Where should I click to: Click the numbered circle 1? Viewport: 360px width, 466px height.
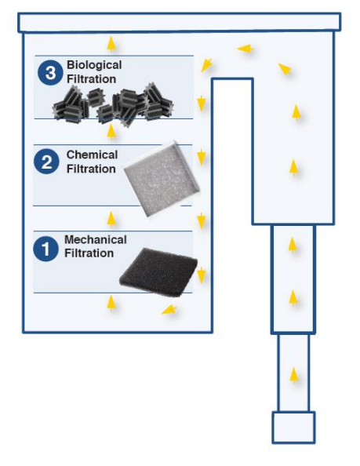45,249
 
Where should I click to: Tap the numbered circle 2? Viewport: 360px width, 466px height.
46,162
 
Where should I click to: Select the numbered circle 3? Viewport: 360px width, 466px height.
50,72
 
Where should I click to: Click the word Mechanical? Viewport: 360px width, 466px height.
96,239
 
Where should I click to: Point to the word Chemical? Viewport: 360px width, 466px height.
92,155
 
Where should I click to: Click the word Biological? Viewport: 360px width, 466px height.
94,65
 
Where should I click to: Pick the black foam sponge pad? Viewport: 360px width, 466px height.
158,272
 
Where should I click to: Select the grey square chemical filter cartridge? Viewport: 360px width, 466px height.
162,178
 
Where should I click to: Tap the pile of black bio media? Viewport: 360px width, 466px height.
113,104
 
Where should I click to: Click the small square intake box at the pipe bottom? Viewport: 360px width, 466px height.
293,428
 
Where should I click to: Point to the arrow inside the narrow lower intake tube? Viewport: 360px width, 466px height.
294,375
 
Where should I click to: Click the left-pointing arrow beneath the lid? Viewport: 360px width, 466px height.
245,49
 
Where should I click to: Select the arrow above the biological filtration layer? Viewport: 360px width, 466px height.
111,44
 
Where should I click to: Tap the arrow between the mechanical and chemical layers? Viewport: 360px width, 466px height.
111,220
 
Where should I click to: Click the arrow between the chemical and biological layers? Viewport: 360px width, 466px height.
111,132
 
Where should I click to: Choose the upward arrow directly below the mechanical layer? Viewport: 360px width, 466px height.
111,303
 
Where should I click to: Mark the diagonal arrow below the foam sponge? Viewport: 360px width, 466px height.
169,310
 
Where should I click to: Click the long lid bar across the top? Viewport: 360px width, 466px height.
180,22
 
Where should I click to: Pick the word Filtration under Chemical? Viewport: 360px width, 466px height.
91,169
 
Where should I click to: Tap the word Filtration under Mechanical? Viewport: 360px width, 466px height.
89,253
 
